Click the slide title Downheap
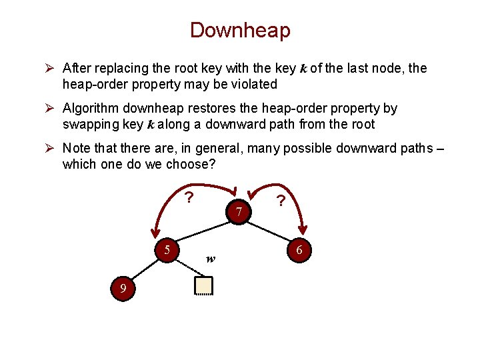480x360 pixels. point(240,30)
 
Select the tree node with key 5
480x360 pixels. point(168,250)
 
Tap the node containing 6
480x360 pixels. point(299,250)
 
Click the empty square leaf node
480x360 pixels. point(203,285)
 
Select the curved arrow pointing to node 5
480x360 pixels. point(167,207)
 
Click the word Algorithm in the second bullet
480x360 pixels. point(90,108)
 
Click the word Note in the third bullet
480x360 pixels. point(75,148)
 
